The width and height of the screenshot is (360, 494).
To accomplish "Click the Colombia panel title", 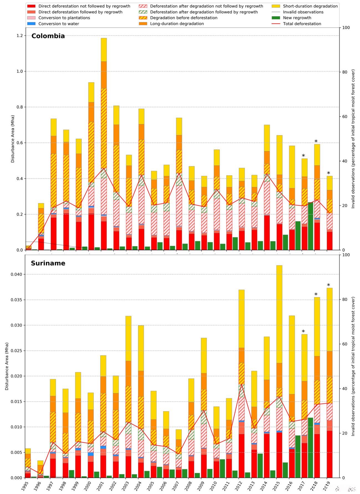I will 48,36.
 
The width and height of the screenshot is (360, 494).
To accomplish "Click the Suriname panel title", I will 48,263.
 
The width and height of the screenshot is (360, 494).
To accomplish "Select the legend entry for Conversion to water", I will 58,24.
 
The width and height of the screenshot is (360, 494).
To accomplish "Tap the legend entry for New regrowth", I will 297,18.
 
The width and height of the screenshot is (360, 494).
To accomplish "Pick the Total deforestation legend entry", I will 302,24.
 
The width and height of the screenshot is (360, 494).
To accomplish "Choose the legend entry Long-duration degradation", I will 177,24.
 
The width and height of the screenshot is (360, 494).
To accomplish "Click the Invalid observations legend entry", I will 303,12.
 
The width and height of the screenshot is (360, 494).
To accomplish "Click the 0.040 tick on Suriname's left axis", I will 15,274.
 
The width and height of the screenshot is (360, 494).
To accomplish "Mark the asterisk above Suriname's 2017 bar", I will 303,332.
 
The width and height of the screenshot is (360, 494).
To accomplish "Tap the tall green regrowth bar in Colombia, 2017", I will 310,226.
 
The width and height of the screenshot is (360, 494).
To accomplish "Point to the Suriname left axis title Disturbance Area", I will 7,366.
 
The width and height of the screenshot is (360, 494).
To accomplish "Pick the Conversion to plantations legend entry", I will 64,18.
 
